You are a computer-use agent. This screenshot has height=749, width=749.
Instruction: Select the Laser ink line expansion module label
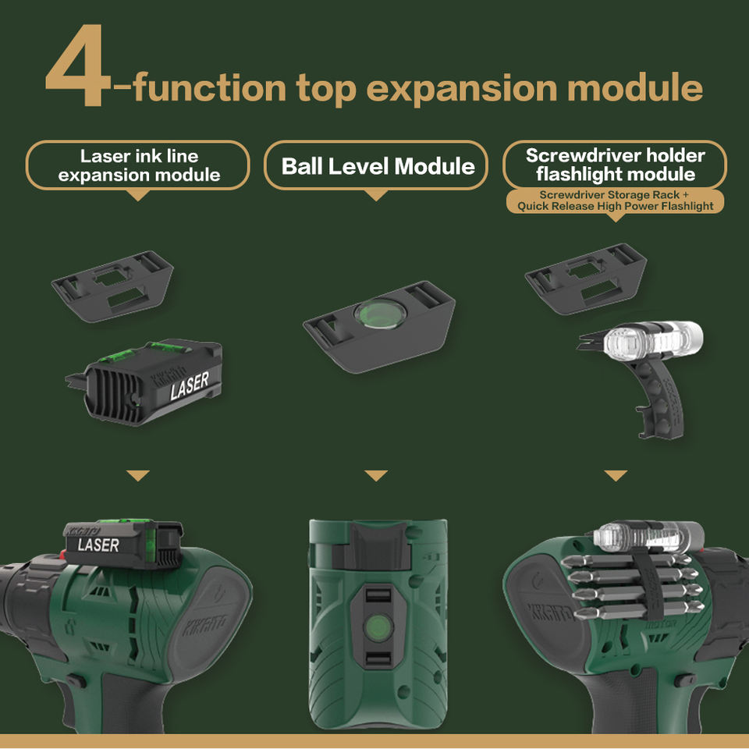[x=138, y=165]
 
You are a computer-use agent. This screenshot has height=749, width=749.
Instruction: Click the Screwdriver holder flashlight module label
[x=615, y=165]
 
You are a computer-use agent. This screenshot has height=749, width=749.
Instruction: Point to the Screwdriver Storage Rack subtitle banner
[x=616, y=201]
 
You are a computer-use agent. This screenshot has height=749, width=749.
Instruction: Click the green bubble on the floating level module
[x=380, y=314]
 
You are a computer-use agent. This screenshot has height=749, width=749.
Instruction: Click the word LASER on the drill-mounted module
[x=98, y=545]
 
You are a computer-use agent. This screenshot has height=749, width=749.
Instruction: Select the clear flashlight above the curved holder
[x=652, y=339]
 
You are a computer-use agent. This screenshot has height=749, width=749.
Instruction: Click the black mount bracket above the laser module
[x=112, y=286]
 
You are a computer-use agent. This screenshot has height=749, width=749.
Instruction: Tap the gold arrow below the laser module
[x=138, y=475]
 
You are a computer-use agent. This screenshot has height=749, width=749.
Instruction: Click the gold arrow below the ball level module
[x=376, y=475]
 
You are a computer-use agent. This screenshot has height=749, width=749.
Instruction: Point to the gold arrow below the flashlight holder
[x=616, y=475]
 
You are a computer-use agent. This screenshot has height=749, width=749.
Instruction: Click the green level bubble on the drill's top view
[x=378, y=627]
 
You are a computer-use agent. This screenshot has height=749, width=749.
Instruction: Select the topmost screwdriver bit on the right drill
[x=626, y=561]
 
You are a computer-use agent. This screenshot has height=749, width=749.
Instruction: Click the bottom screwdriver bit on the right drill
[x=637, y=610]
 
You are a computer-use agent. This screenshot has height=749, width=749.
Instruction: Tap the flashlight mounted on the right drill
[x=648, y=534]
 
